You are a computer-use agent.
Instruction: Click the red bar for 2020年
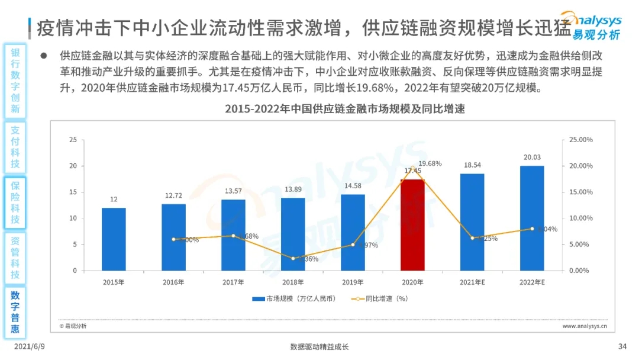click(412, 225)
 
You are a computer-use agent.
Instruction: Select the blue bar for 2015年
click(114, 239)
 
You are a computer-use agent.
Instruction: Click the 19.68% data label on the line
click(430, 163)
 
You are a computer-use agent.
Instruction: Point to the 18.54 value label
click(472, 166)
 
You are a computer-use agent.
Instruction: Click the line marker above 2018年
click(293, 258)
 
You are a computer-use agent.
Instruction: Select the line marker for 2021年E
click(472, 238)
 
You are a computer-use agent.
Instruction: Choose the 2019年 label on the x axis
click(353, 282)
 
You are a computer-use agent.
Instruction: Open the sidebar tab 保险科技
click(15, 202)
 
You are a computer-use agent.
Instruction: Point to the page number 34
click(622, 347)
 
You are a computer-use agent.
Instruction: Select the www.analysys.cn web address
click(588, 326)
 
